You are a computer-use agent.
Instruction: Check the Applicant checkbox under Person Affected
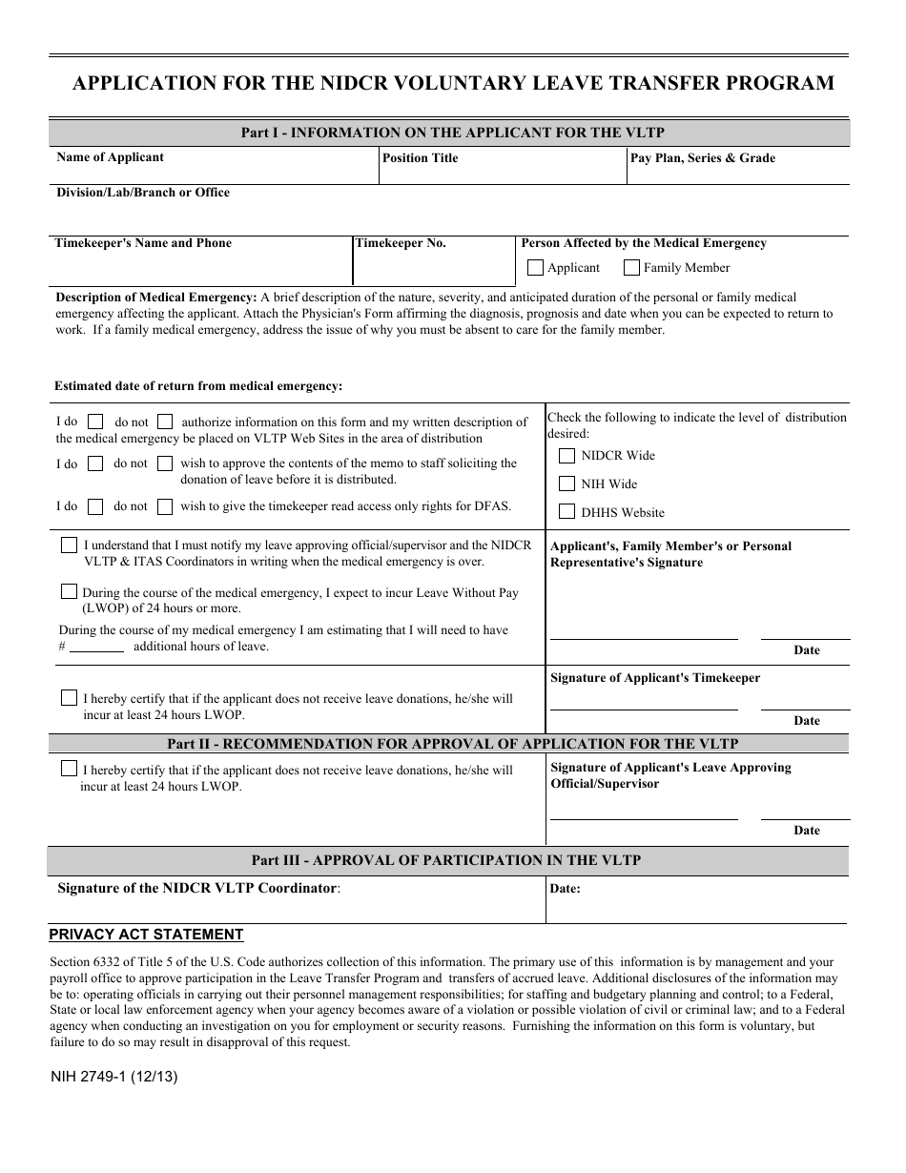coord(535,268)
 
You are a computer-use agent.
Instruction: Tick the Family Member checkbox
coord(631,268)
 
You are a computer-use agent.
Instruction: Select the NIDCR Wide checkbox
coord(566,456)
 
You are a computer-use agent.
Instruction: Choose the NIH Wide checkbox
coord(566,484)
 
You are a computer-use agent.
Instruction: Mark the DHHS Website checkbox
coord(566,512)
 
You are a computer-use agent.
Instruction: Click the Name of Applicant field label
coord(110,157)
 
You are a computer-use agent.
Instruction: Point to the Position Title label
coord(420,158)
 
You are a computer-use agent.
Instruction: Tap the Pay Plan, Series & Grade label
coord(703,158)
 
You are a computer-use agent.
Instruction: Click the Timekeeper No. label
coord(401,243)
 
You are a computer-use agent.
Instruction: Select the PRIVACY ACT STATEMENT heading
coord(146,935)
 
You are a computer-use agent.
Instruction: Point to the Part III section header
coord(446,860)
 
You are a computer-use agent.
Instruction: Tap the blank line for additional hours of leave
coord(96,648)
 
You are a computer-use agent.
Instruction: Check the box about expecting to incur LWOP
coord(69,591)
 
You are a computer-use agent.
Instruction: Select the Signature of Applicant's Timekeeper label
coord(655,678)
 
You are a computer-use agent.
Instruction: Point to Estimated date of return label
coord(198,386)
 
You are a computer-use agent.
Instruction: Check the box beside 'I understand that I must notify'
coord(69,545)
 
